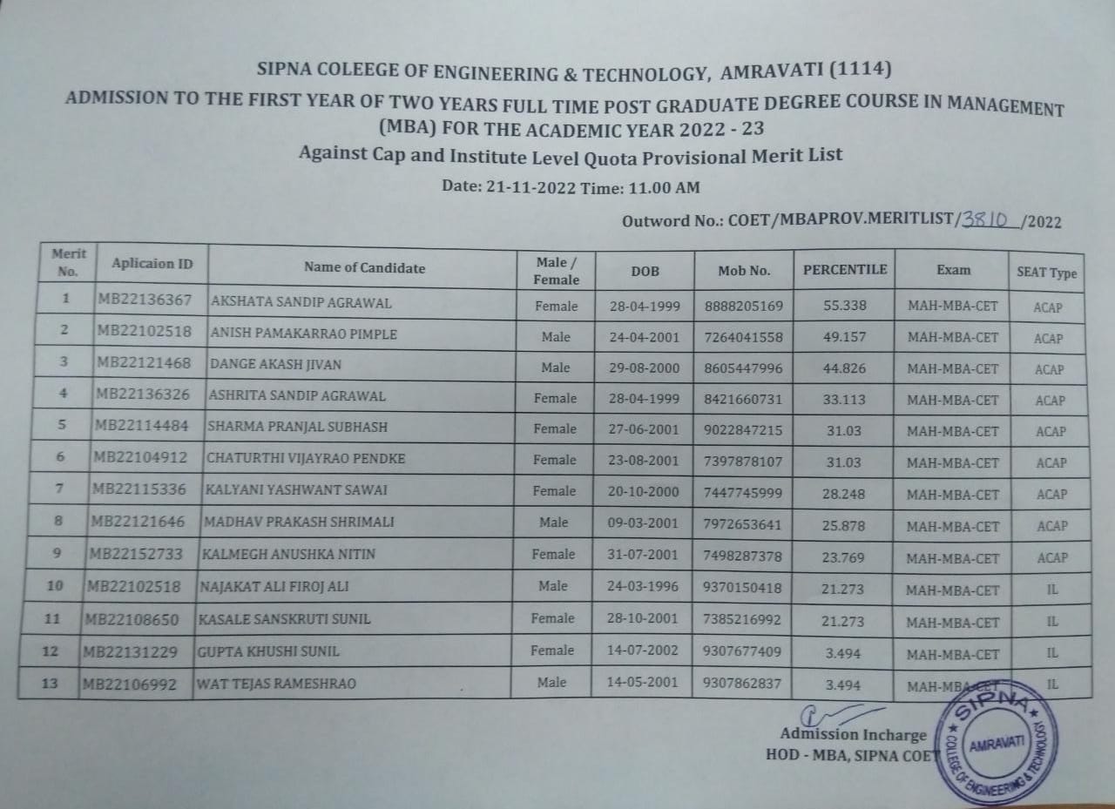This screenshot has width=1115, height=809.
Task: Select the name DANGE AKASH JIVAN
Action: pos(275,365)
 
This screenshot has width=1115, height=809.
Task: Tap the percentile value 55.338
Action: pos(844,306)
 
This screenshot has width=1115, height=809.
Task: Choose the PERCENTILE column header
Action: pos(844,270)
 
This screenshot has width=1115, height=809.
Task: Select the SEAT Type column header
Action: pos(1046,273)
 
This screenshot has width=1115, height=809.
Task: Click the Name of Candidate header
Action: pos(364,268)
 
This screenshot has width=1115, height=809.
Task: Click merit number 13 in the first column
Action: pos(50,684)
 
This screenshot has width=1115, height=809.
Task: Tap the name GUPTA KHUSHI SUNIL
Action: pos(269,651)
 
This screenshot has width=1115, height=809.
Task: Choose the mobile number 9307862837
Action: pos(742,684)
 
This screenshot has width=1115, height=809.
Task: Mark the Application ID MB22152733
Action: pos(137,554)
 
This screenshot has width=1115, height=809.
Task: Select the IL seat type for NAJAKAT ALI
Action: pos(1052,590)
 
